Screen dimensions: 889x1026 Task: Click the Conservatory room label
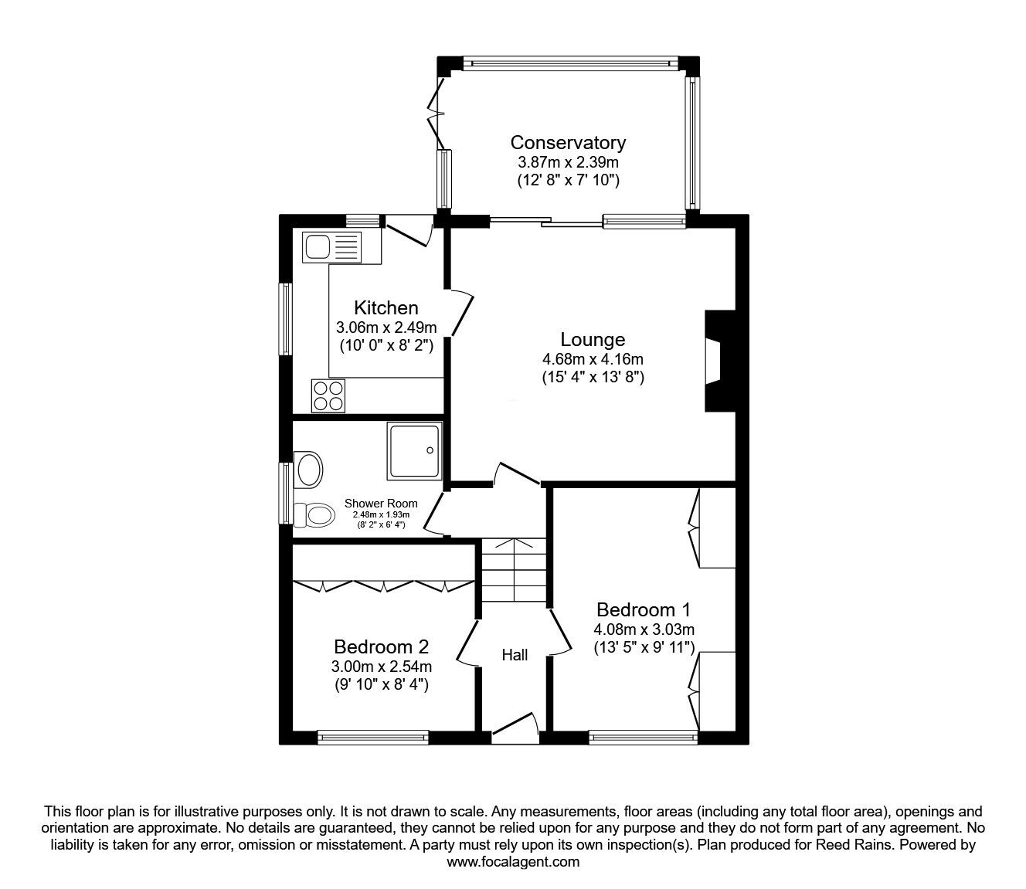coord(568,143)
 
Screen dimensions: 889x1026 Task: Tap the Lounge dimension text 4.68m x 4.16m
coord(593,359)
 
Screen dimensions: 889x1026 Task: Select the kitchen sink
coord(333,247)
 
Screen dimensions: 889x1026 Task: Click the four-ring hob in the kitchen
coord(328,395)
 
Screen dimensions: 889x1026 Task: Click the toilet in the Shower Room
coord(314,514)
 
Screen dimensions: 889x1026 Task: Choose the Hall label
coord(515,655)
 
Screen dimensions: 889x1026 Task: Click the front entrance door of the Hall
coord(515,726)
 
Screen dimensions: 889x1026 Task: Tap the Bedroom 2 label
coord(381,646)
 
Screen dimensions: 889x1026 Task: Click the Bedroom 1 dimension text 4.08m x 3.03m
coord(644,629)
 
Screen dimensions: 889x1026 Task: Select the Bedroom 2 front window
coord(372,738)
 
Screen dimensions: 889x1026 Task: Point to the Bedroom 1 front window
coord(644,738)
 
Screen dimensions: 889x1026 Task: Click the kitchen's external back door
coord(408,230)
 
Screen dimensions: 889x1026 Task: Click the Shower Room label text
coord(381,504)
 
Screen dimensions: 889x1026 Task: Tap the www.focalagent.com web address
coord(513,862)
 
